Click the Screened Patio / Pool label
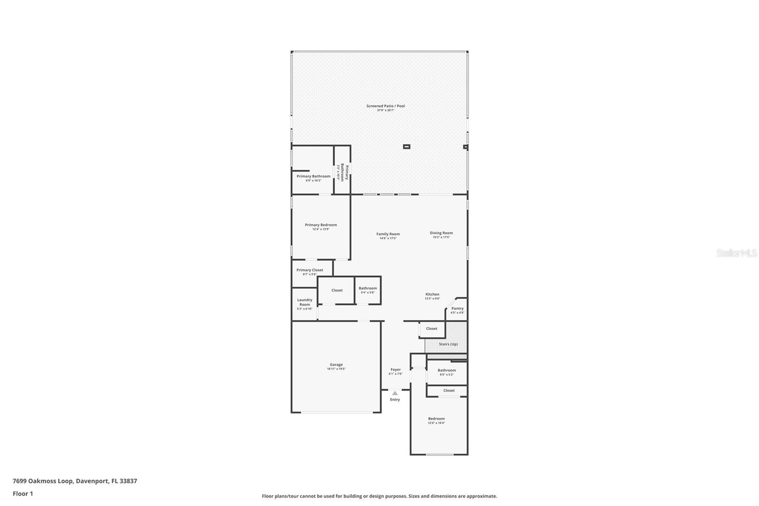pos(385,106)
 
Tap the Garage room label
pos(336,365)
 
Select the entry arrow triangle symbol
pos(395,393)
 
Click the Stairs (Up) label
pos(448,344)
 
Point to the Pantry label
pos(457,309)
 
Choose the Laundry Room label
pos(305,302)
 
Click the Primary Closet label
pos(310,270)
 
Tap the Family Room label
pos(388,234)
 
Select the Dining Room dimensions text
pos(441,237)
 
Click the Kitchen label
pos(432,294)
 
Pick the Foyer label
pos(395,369)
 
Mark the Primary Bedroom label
pos(321,225)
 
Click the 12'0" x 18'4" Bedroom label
pos(436,419)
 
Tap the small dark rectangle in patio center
pos(407,147)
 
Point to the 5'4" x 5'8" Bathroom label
pos(368,288)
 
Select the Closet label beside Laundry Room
pos(337,290)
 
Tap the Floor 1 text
pos(23,494)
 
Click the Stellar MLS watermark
pos(736,253)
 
